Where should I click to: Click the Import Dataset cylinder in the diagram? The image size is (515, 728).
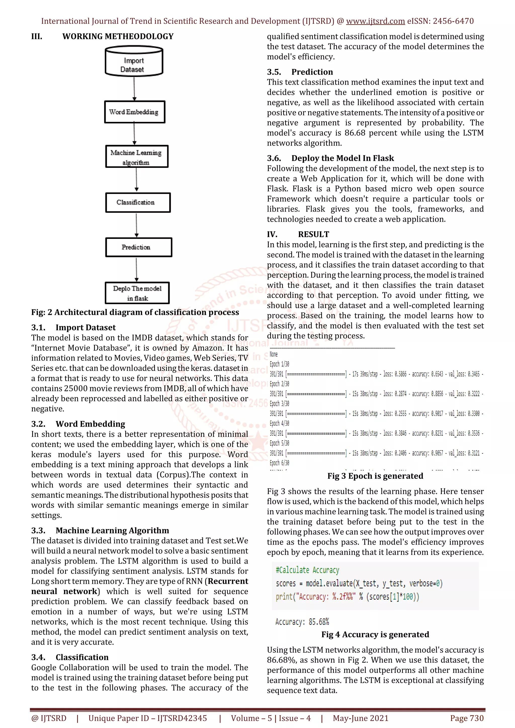click(134, 62)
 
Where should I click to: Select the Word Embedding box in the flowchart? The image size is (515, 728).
click(135, 112)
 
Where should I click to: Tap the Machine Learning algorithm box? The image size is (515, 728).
click(137, 157)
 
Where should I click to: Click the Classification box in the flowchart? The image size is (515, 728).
click(138, 203)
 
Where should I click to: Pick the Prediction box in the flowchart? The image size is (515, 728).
click(138, 247)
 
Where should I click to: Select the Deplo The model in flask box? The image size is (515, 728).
click(137, 293)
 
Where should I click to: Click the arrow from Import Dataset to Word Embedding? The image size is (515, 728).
click(134, 89)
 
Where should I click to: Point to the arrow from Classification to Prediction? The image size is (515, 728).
click(137, 225)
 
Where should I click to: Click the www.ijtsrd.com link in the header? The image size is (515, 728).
click(375, 21)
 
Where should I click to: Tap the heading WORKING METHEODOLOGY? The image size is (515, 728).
click(118, 36)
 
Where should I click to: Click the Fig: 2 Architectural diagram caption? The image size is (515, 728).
click(135, 312)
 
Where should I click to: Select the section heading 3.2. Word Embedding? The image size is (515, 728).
click(78, 424)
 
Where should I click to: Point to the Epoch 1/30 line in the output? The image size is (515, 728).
click(279, 364)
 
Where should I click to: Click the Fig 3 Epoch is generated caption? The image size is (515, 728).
click(375, 476)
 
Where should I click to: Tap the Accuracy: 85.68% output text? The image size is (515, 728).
click(302, 622)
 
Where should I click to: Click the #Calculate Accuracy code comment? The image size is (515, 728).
click(307, 570)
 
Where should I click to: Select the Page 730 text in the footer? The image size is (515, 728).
click(466, 718)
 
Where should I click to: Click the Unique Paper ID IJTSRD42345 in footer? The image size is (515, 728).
click(148, 718)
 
